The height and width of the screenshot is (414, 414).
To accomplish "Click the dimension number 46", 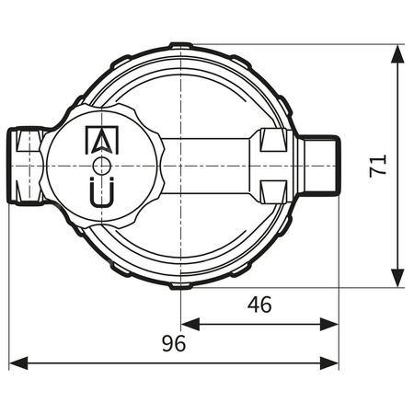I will pyautogui.click(x=260, y=305).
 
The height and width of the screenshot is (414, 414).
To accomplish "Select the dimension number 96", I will pyautogui.click(x=174, y=344).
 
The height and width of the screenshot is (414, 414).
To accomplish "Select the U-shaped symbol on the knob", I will pyautogui.click(x=101, y=193).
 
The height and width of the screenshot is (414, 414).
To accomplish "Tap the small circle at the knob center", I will pyautogui.click(x=101, y=166).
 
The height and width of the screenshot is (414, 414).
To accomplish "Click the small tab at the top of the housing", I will pyautogui.click(x=182, y=44).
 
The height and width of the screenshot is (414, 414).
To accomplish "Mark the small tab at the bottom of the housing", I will pyautogui.click(x=182, y=286).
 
